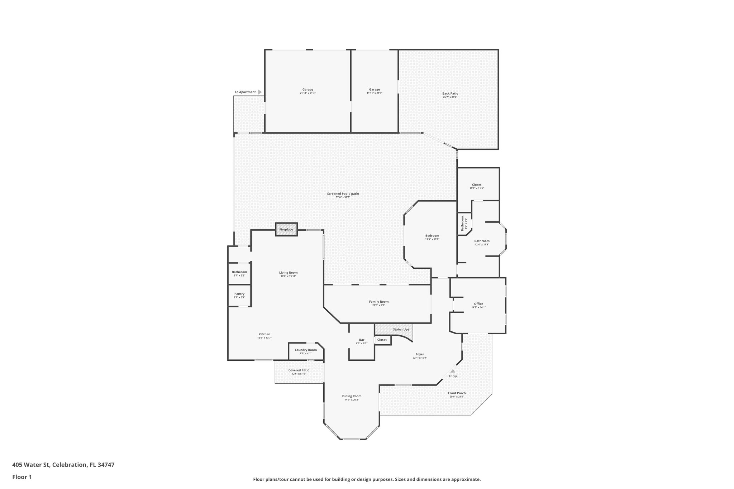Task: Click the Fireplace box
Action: pos(286,229)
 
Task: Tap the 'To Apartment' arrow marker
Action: pos(260,92)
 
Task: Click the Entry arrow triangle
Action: pos(453,371)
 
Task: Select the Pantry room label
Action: pos(239,294)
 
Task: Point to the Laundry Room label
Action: pos(306,350)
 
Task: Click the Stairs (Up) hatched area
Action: pos(394,329)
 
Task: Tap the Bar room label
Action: pos(362,340)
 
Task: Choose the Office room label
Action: pos(478,304)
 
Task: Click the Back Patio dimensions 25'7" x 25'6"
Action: pos(450,97)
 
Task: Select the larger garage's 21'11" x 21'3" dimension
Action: pos(308,93)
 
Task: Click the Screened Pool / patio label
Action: pos(343,194)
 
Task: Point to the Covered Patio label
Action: pos(299,370)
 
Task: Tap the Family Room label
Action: pos(379,302)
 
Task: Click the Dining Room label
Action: pos(352,396)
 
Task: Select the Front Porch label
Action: pos(457,393)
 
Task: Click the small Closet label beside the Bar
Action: pos(382,340)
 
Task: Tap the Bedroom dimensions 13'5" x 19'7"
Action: pos(432,239)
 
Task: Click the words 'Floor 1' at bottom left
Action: pos(22,477)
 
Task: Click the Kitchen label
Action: pos(264,334)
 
